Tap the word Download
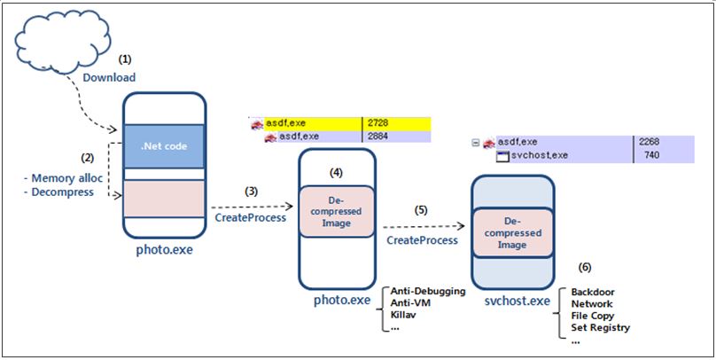(x=109, y=78)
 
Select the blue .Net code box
(x=163, y=146)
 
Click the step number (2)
(x=87, y=158)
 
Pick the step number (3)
(x=251, y=192)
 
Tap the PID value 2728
(x=377, y=123)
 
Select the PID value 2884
(x=377, y=137)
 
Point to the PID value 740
(x=651, y=155)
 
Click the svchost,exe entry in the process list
(x=533, y=155)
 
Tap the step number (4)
(x=336, y=172)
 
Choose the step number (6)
(x=585, y=268)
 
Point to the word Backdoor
(x=593, y=292)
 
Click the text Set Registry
(x=601, y=327)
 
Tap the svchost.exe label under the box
(x=517, y=301)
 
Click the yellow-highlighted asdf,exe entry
(x=285, y=123)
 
